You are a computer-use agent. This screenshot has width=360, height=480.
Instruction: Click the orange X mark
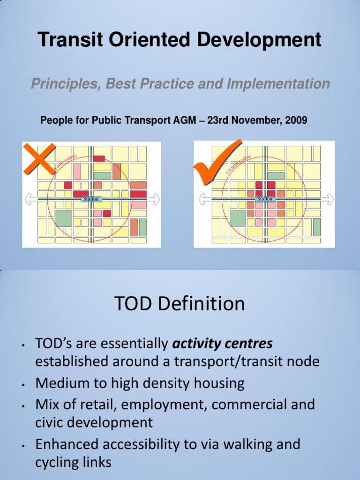pyautogui.click(x=39, y=159)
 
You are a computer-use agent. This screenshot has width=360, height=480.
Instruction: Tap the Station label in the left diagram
pyautogui.click(x=90, y=199)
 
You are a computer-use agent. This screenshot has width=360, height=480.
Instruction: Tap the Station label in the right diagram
pyautogui.click(x=264, y=199)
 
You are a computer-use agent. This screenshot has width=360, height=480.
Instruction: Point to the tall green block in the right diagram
pyautogui.click(x=317, y=227)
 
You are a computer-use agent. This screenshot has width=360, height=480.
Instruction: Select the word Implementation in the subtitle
pyautogui.click(x=278, y=84)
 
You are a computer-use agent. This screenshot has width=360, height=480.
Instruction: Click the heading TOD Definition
pyautogui.click(x=180, y=304)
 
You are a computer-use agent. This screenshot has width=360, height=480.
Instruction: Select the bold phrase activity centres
pyautogui.click(x=222, y=344)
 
